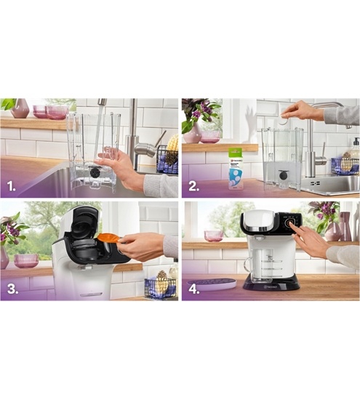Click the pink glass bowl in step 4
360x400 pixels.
[214, 236]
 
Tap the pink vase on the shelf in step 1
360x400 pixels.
[21, 108]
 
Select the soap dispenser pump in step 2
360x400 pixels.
[354, 144]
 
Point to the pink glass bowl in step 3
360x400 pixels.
[26, 260]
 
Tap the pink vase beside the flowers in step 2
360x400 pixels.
[192, 133]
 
